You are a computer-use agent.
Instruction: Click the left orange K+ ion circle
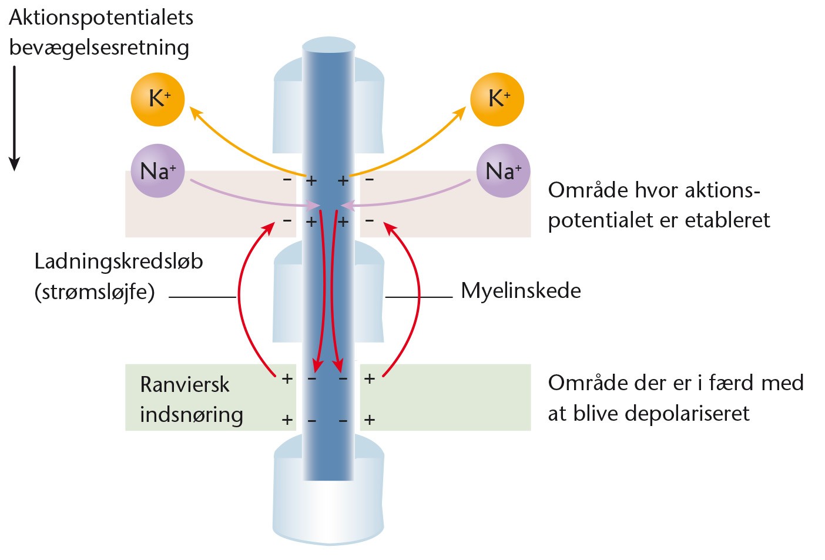click(x=157, y=99)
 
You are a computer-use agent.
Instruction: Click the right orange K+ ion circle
click(x=497, y=99)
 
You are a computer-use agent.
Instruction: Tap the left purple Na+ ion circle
click(x=157, y=171)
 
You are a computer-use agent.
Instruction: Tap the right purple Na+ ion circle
click(x=504, y=171)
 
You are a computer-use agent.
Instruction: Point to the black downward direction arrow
click(x=14, y=119)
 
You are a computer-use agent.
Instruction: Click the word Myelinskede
click(x=521, y=291)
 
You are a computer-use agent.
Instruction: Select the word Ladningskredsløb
click(x=119, y=262)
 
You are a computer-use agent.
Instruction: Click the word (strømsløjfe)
click(x=95, y=292)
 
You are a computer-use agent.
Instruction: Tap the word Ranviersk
click(x=185, y=385)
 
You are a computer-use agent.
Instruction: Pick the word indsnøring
click(x=192, y=415)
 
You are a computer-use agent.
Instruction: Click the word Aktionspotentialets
click(x=101, y=18)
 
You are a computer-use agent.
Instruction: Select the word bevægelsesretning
click(x=99, y=48)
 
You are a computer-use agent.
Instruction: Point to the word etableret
click(x=727, y=220)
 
